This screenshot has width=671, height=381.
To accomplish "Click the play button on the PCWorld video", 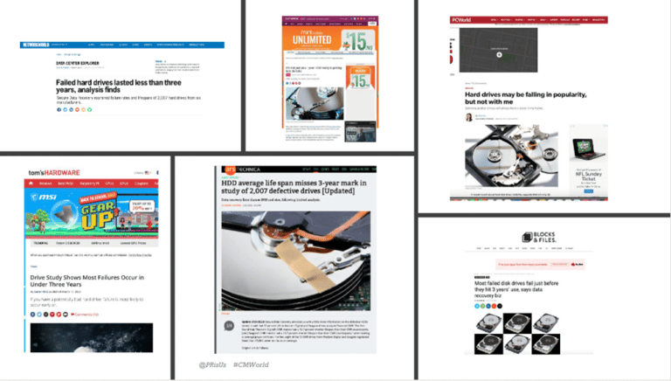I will [499, 54].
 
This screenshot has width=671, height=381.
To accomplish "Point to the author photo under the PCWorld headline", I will [469, 117].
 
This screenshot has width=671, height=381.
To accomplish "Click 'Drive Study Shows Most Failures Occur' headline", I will [86, 281].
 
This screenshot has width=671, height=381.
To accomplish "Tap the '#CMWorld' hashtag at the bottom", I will [252, 364].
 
